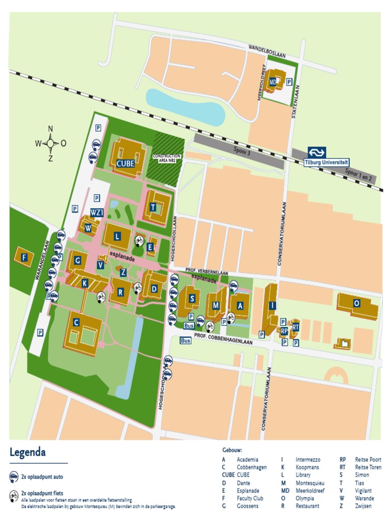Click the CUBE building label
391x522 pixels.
coord(125,164)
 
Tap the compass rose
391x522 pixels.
coord(50,143)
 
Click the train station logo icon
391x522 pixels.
coord(316,152)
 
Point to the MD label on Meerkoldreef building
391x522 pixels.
coord(273,82)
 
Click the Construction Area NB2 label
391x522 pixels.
coord(167,158)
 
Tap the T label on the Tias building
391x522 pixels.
coord(153,206)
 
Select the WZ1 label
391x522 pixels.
coord(97,212)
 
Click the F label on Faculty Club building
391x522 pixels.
coord(23,257)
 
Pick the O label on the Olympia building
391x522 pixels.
coord(356,303)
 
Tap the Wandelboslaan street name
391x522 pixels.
coord(267,47)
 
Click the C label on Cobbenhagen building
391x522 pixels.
coord(76,322)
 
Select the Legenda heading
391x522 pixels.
coord(27,452)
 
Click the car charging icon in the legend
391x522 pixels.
coord(14,477)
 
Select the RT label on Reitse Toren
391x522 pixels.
coord(295,327)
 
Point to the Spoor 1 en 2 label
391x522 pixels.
coord(359,175)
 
